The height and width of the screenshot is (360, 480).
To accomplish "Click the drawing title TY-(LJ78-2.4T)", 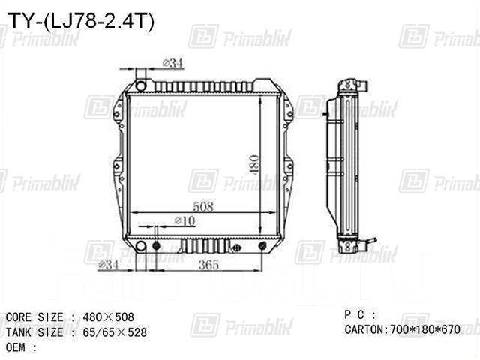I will [x=78, y=22].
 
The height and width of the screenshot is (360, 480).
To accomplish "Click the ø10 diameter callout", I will [x=184, y=220].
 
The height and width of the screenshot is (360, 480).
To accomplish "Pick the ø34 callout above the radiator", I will [x=172, y=64].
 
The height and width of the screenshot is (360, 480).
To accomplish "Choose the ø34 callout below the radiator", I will [x=109, y=265].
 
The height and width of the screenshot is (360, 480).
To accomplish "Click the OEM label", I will [x=21, y=346].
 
